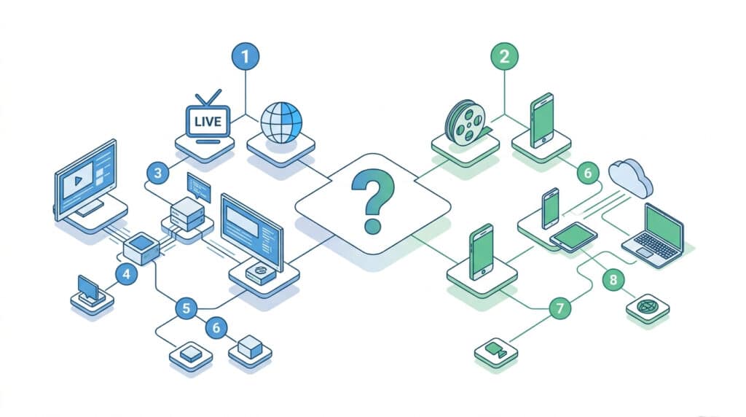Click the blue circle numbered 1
click(x=246, y=57)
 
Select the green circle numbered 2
click(x=504, y=57)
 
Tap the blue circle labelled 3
click(x=158, y=173)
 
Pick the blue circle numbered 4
click(x=127, y=274)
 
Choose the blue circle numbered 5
click(x=186, y=308)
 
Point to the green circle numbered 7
click(x=560, y=308)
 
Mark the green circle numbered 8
click(x=613, y=279)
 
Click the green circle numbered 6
click(x=588, y=173)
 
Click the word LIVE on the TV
click(x=208, y=122)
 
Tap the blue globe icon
click(x=281, y=122)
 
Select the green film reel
click(x=466, y=122)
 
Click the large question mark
click(x=372, y=202)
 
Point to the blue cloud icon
click(x=631, y=178)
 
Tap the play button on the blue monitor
click(x=79, y=181)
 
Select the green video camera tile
click(x=495, y=351)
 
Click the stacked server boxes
click(x=187, y=214)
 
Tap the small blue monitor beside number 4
click(x=88, y=289)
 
